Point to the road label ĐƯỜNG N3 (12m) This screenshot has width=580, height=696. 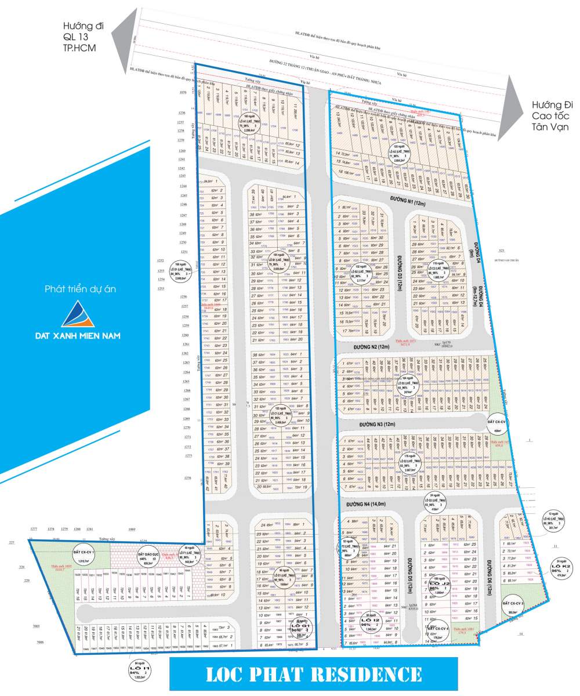[x=377, y=425]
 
